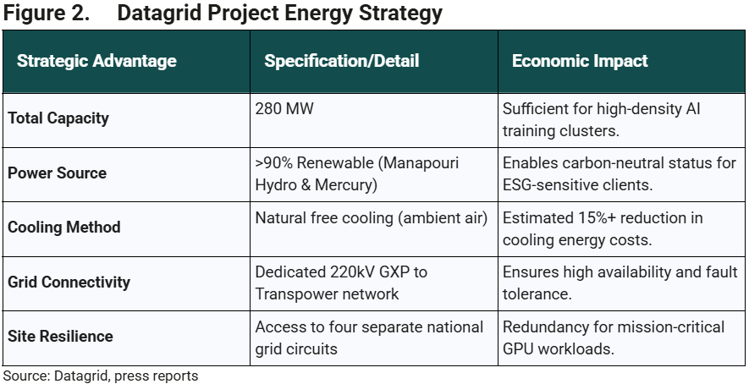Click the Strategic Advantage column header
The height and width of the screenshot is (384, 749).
96,61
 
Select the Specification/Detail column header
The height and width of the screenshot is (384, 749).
341,61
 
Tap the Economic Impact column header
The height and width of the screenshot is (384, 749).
580,61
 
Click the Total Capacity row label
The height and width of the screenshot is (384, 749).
58,118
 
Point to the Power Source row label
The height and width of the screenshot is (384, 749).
58,173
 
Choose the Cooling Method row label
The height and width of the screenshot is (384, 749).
64,227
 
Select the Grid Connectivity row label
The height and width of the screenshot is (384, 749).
69,281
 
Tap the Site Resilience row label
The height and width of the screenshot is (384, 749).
60,336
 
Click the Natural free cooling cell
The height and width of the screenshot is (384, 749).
372,217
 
